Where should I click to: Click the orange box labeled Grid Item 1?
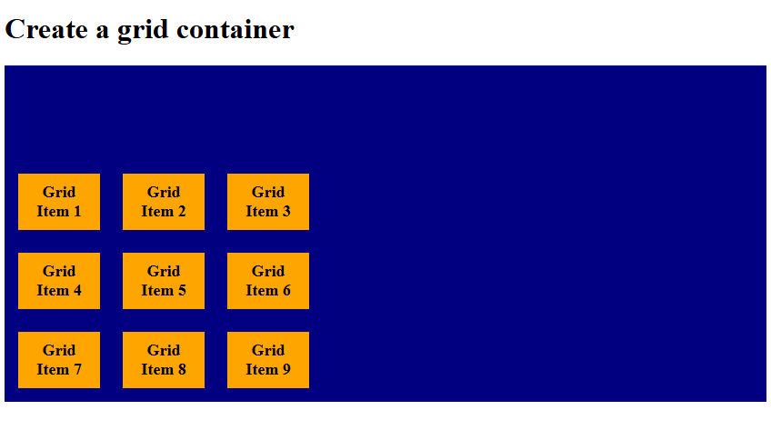tap(59, 202)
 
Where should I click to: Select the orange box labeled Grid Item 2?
tap(164, 202)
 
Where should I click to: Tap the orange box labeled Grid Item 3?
tap(268, 202)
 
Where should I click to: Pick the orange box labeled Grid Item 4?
tap(59, 281)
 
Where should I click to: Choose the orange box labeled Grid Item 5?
tap(164, 281)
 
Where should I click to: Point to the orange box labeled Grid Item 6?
tap(268, 281)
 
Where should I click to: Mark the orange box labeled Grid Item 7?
tap(59, 360)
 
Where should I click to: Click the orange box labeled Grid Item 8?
tap(164, 360)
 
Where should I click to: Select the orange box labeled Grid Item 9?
tap(268, 360)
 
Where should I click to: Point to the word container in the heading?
tap(235, 30)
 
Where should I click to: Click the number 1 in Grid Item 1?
tap(77, 212)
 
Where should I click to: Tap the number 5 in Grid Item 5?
tap(182, 291)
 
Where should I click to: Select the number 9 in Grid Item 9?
tap(286, 370)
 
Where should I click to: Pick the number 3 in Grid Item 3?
tap(286, 212)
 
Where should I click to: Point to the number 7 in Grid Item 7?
tap(77, 370)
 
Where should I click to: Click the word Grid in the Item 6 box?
tap(268, 271)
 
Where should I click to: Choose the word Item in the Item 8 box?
tap(156, 370)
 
